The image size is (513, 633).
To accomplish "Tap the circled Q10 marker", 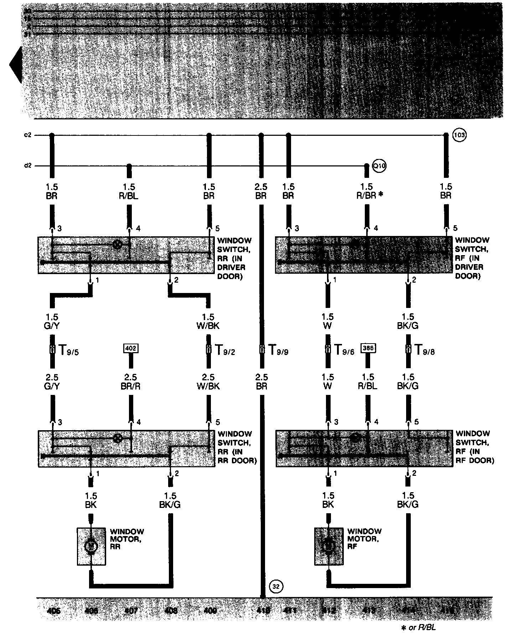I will (x=379, y=166).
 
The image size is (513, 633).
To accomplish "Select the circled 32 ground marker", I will (x=276, y=586).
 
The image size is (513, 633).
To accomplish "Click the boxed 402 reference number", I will (x=131, y=348).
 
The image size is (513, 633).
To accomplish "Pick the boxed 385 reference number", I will (x=368, y=348).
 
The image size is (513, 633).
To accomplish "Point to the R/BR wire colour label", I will (x=367, y=196).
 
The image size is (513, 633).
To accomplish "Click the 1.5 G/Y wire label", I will (x=52, y=321).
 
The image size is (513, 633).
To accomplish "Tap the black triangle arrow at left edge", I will (x=16, y=66).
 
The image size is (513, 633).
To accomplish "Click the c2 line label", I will (x=28, y=135).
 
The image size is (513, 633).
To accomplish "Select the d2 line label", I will (x=28, y=166).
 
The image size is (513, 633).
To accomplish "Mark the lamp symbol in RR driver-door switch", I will (x=117, y=245).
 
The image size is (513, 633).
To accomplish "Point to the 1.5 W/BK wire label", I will (x=208, y=321).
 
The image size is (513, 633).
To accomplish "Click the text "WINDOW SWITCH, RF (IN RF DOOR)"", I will (x=475, y=447).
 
